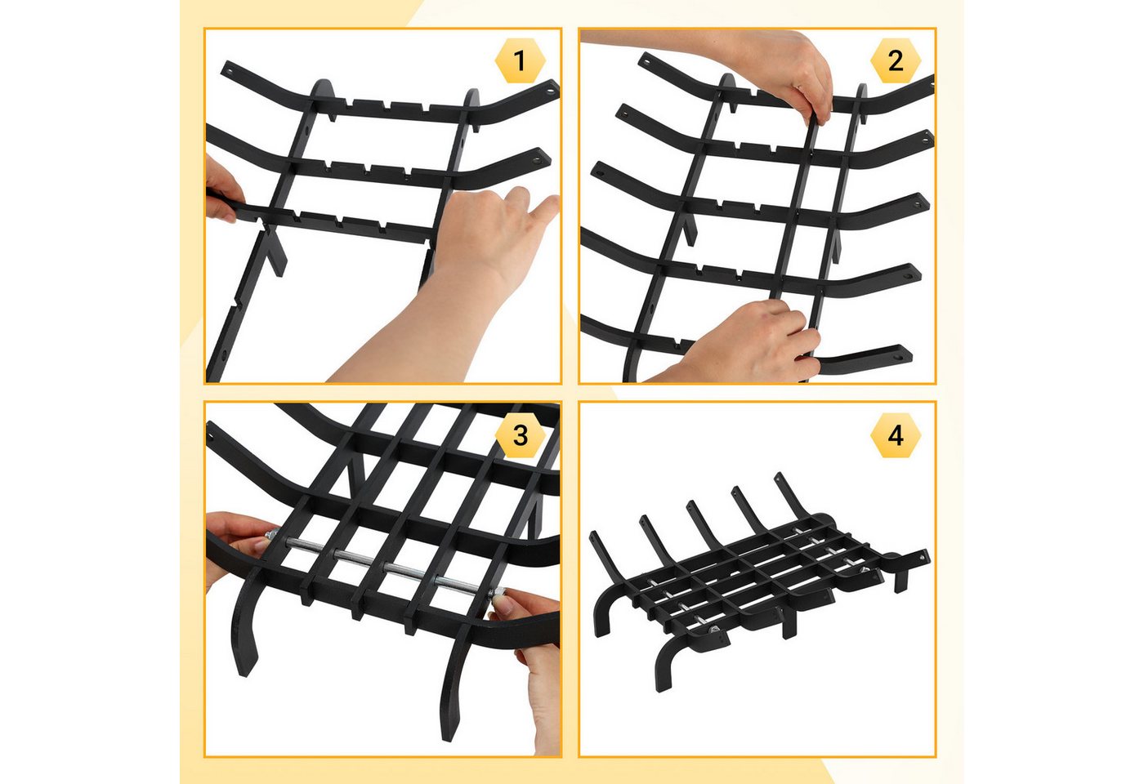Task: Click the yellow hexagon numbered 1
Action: point(520,60)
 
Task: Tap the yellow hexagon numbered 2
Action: point(896,60)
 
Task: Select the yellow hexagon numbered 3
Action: point(520,434)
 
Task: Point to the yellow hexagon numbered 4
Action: point(896,434)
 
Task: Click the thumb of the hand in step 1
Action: point(544,209)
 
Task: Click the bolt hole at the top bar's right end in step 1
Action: point(551,91)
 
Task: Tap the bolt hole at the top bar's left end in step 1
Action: point(228,70)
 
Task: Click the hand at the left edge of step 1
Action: point(222,189)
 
